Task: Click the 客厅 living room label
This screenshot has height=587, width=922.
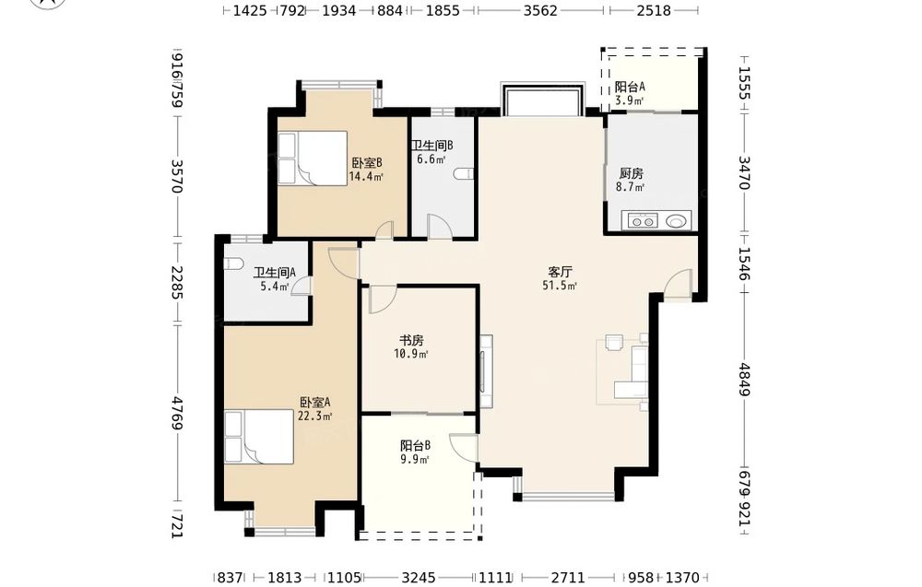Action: tap(560, 272)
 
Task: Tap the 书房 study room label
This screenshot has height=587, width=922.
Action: tap(411, 340)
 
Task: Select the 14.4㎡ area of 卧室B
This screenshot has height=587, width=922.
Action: tap(366, 176)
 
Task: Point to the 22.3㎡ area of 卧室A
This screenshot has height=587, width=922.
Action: tap(315, 417)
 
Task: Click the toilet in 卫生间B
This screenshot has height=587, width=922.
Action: tap(465, 174)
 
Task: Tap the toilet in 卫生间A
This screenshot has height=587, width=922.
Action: tap(234, 264)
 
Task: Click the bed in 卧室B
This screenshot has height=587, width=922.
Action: tap(313, 158)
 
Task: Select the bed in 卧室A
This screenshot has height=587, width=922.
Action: tap(259, 437)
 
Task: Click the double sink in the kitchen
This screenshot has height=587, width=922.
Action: tap(642, 221)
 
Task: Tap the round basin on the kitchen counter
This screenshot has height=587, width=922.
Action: tap(676, 221)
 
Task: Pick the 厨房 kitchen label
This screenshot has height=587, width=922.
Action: tap(631, 173)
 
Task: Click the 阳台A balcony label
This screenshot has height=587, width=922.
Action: tap(630, 87)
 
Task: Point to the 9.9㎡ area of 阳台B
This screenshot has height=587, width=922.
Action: tap(415, 460)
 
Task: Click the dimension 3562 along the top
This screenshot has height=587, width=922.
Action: tap(540, 10)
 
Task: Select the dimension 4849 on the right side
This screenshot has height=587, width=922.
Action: tap(744, 380)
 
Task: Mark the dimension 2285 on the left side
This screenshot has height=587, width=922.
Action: tap(177, 282)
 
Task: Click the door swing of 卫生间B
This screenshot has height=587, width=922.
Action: tap(439, 226)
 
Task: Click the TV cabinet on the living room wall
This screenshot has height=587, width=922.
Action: tap(486, 371)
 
